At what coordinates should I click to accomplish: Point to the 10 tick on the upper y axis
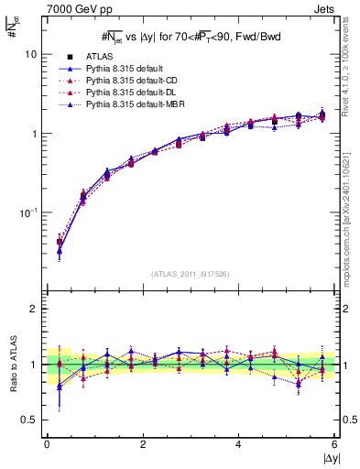pos(32,54)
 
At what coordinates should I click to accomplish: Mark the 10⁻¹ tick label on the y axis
pos(28,213)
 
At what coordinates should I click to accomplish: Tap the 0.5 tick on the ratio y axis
pos(30,420)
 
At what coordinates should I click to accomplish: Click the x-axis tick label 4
pos(238,444)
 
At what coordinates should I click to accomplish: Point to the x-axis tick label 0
pos(47,444)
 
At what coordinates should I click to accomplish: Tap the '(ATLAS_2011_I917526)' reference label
pos(191,274)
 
